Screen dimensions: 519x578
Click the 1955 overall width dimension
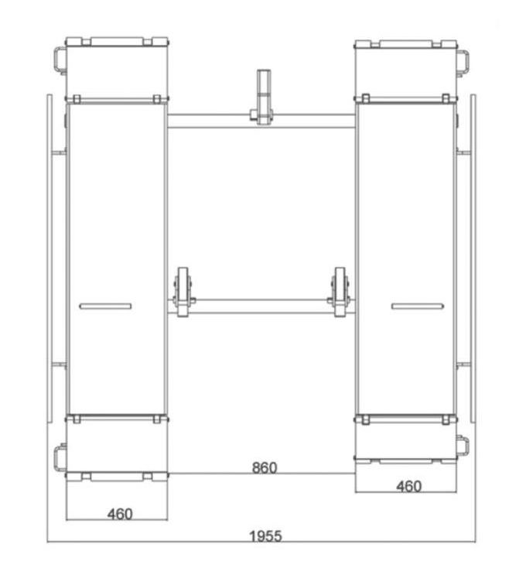[x=265, y=535]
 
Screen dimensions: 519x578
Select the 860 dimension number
[x=265, y=468]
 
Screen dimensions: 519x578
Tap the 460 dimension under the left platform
[x=120, y=514]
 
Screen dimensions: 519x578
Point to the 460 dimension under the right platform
[x=409, y=487]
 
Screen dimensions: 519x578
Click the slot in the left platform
[x=105, y=306]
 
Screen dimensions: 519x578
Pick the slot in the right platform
[x=417, y=306]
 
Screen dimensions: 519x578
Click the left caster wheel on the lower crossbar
[x=183, y=292]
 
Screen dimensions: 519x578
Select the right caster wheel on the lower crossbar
[x=340, y=292]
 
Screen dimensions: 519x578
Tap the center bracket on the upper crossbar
[x=263, y=97]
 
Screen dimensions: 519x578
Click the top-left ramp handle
[x=60, y=60]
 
